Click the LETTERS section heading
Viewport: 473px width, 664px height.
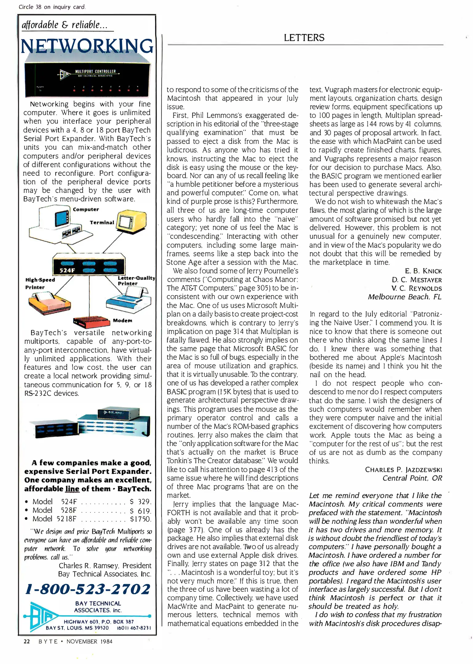pos(304,38)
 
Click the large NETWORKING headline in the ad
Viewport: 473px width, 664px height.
pos(87,46)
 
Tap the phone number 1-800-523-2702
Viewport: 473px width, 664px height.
pos(88,589)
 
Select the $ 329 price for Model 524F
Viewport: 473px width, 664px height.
pos(140,501)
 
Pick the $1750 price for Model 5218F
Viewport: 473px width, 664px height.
pos(140,519)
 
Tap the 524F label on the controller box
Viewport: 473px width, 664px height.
pos(67,271)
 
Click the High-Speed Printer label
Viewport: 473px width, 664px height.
pos(40,283)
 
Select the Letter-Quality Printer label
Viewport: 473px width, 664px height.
pos(136,280)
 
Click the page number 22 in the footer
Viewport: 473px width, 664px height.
pos(27,641)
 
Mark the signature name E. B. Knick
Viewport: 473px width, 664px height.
pos(423,271)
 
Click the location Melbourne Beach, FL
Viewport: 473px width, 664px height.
pos(404,297)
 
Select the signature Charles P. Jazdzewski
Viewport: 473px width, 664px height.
pos(403,469)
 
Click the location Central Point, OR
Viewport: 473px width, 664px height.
pos(412,478)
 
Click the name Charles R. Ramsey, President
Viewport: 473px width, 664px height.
pos(105,565)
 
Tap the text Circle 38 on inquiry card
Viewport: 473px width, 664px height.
pos(52,7)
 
